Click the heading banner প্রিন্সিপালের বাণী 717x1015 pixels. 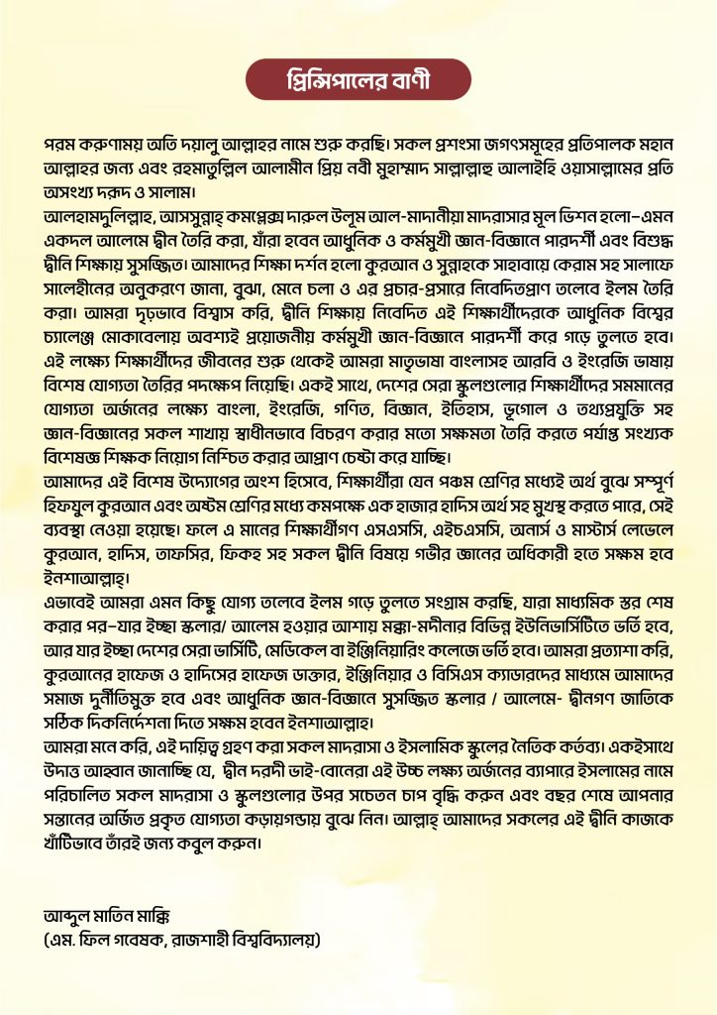click(358, 79)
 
